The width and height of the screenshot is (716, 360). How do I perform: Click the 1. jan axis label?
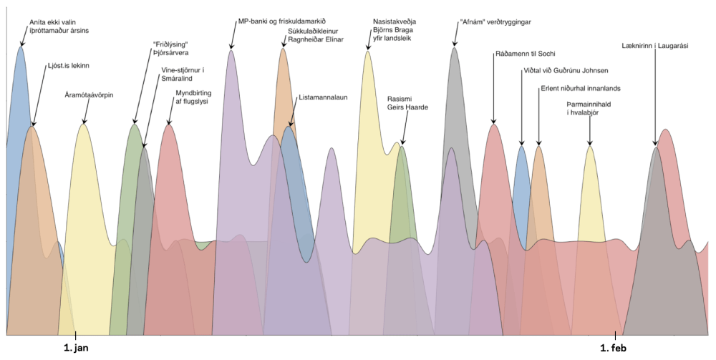[75, 348]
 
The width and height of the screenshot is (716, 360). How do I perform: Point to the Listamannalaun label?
[322, 97]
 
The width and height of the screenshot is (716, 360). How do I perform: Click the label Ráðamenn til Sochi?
[525, 54]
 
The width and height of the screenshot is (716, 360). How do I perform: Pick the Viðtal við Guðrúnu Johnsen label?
[566, 71]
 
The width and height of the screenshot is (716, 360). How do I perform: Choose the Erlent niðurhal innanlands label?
[580, 88]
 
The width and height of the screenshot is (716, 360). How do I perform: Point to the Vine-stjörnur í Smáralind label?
[183, 74]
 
